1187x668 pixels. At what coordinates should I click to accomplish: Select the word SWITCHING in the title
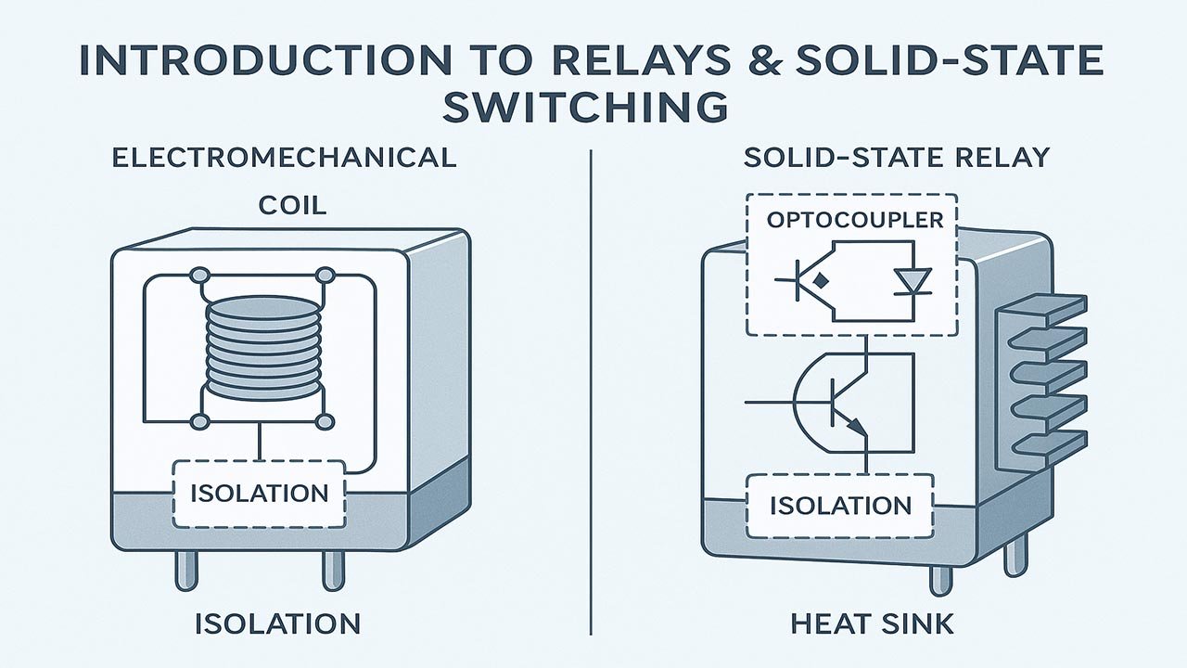(585, 107)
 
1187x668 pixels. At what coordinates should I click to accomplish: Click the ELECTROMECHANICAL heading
(284, 157)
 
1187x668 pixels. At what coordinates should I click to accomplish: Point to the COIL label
(293, 204)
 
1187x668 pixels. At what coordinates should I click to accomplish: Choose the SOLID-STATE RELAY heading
(897, 157)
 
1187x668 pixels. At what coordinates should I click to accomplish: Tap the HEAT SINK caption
(872, 624)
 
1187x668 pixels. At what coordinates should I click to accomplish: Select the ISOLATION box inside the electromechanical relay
(259, 492)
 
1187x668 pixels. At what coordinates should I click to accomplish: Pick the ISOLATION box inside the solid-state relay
(841, 506)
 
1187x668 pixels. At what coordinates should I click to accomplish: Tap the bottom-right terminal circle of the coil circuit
(325, 422)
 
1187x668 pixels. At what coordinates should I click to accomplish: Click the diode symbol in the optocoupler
(915, 279)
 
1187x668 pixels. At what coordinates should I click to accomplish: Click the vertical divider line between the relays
(591, 390)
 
